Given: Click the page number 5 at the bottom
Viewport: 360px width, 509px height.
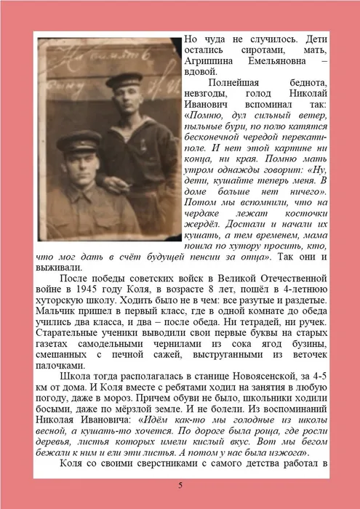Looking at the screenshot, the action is point(180,485).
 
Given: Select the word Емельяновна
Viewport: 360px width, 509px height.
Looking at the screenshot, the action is point(279,62).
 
